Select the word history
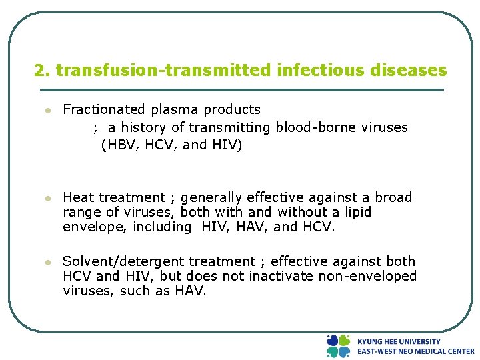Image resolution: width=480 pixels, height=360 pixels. [x=144, y=127]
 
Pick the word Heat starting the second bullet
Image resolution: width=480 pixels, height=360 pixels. [x=79, y=197]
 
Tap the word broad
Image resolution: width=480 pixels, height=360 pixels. [x=394, y=197]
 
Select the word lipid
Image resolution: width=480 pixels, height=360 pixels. [x=356, y=212]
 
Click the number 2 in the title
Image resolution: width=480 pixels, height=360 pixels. [x=39, y=70]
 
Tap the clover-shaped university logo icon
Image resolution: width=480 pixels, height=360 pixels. [x=338, y=346]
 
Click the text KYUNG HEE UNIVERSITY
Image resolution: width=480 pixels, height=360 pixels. [x=399, y=341]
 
